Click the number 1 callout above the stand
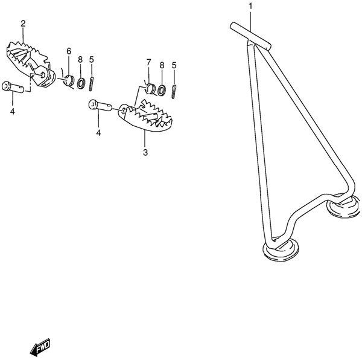pos(250,7)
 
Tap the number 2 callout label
pos(23,24)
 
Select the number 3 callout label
pos(145,152)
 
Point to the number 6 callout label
pos(69,51)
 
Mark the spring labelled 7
pos(148,86)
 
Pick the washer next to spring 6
pos(81,81)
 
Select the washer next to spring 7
pos(160,90)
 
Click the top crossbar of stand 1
pos(251,33)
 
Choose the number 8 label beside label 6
pos(80,60)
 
